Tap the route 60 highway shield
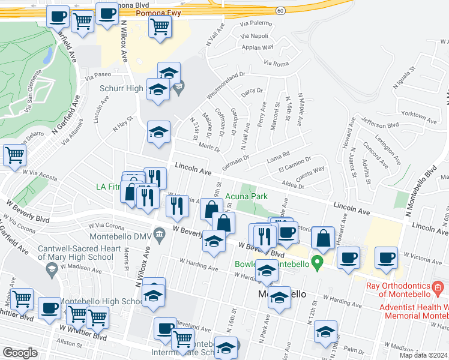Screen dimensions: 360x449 [x=281, y=10]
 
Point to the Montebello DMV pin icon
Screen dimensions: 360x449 [x=159, y=233]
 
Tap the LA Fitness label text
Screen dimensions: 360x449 [x=109, y=187]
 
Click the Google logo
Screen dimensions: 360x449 [x=20, y=353]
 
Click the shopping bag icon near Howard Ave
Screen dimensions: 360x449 [x=323, y=237]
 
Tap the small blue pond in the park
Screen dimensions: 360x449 [x=47, y=56]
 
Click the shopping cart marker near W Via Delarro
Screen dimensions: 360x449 [x=14, y=155]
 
